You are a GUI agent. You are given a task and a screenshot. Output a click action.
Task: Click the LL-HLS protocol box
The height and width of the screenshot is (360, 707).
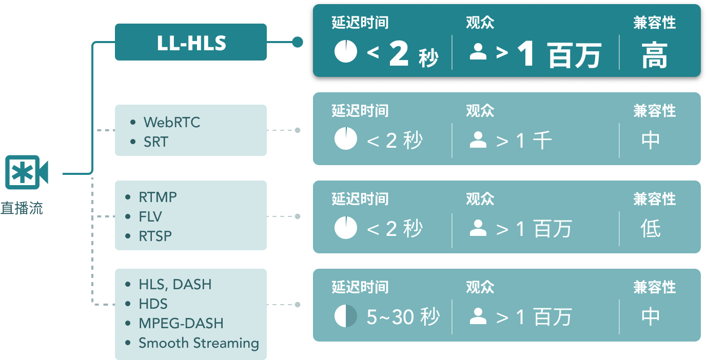pyautogui.click(x=191, y=42)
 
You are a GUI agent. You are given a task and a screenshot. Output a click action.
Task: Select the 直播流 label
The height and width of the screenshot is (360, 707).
pyautogui.click(x=22, y=208)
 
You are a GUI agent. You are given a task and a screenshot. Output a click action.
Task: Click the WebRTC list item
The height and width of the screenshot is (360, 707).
pyautogui.click(x=172, y=123)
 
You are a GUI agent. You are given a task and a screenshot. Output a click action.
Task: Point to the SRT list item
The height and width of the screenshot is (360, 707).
pyautogui.click(x=155, y=142)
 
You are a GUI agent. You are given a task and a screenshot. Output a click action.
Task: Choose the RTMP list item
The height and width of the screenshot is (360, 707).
pyautogui.click(x=158, y=197)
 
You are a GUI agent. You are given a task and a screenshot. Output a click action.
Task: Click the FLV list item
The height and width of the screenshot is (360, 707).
pyautogui.click(x=150, y=216)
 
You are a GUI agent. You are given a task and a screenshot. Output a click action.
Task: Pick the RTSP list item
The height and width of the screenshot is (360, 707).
pyautogui.click(x=155, y=236)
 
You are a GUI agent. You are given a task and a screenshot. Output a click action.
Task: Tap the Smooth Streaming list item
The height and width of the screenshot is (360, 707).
pyautogui.click(x=199, y=343)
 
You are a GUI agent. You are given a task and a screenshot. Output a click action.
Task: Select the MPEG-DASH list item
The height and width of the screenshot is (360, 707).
pyautogui.click(x=181, y=323)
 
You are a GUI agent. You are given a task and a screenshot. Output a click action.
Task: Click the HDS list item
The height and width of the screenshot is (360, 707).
pyautogui.click(x=153, y=304)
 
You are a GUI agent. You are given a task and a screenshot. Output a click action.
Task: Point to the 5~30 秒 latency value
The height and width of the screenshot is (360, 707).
pyautogui.click(x=403, y=317)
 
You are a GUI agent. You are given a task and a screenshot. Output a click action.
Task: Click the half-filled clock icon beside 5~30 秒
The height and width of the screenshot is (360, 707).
pyautogui.click(x=345, y=316)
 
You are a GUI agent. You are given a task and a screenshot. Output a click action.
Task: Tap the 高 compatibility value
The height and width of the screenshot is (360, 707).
pyautogui.click(x=654, y=56)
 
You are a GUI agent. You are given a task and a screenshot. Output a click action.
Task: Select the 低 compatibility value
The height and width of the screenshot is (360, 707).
pyautogui.click(x=651, y=229)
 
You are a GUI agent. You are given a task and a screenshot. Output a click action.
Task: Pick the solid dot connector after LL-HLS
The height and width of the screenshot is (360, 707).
pyautogui.click(x=297, y=42)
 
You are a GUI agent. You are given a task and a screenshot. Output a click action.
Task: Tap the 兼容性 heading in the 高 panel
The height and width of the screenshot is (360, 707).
pyautogui.click(x=654, y=23)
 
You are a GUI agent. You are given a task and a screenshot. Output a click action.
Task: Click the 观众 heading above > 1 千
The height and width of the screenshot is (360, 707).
pyautogui.click(x=480, y=111)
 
